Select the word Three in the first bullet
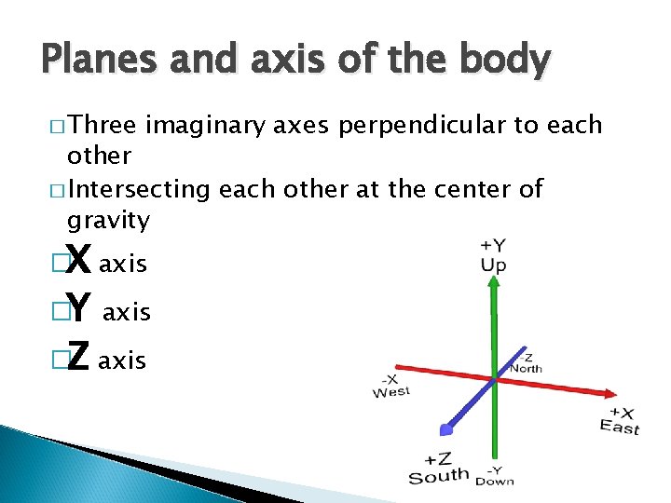click(103, 126)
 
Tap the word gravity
click(108, 222)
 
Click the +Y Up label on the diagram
click(493, 255)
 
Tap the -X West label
click(390, 386)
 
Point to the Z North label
click(527, 362)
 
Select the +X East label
click(620, 420)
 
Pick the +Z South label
click(439, 468)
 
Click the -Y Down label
click(494, 474)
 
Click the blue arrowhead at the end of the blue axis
click(446, 428)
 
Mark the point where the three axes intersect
click(493, 377)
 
